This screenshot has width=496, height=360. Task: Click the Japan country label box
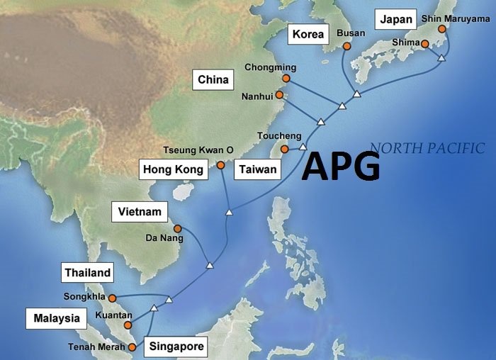click(x=396, y=20)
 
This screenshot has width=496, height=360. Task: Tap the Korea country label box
click(x=308, y=34)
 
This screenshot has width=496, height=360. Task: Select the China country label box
click(x=213, y=79)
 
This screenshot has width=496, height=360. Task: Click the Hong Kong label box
click(x=174, y=169)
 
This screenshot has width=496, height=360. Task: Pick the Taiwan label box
click(x=257, y=169)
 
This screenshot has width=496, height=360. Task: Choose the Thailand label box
click(x=88, y=273)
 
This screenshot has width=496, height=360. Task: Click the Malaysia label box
click(x=57, y=318)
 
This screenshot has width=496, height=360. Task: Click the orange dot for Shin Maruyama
click(x=442, y=30)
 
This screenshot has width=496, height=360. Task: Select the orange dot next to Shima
click(x=424, y=44)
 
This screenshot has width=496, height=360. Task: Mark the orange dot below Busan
click(x=346, y=47)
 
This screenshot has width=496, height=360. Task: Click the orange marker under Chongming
click(x=286, y=79)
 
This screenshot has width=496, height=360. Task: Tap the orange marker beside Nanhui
click(x=279, y=94)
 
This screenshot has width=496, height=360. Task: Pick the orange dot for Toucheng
click(x=284, y=149)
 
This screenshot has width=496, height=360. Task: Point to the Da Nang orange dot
click(x=178, y=228)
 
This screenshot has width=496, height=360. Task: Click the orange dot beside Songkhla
click(x=111, y=298)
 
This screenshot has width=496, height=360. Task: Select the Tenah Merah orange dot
click(x=133, y=347)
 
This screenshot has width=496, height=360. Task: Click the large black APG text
click(x=341, y=167)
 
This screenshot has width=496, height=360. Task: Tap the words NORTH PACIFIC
click(x=427, y=148)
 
